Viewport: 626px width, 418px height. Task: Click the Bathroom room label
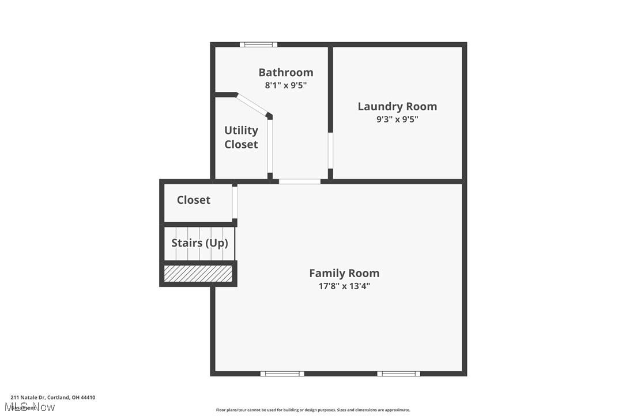[x=285, y=72]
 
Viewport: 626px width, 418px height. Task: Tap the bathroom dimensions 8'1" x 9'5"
[x=285, y=85]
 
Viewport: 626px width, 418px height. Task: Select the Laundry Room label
[x=397, y=106]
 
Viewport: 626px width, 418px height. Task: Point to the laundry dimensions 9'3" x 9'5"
[x=397, y=120]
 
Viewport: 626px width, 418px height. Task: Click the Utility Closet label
[x=241, y=137]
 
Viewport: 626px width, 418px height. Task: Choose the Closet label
[x=193, y=200]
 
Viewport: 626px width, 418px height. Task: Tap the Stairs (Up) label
[x=199, y=243]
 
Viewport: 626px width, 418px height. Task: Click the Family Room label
[x=344, y=273]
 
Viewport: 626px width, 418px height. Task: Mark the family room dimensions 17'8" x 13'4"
[x=344, y=286]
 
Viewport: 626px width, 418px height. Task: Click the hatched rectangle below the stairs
[x=198, y=274]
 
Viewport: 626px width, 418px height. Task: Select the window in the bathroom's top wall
[x=258, y=44]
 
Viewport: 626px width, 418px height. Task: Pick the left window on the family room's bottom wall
[x=282, y=374]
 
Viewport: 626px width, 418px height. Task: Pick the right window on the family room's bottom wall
[x=399, y=374]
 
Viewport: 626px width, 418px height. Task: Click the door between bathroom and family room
[x=300, y=181]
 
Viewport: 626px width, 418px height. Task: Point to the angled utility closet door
[x=254, y=104]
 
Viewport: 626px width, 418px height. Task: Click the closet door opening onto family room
[x=235, y=201]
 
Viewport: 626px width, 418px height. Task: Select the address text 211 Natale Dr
[x=52, y=397]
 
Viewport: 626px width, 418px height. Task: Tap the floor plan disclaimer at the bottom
[x=313, y=410]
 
